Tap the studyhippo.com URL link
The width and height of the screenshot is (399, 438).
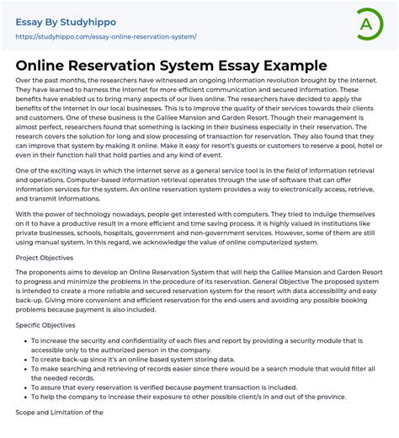click(x=106, y=37)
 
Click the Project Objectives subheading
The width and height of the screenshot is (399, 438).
click(x=45, y=258)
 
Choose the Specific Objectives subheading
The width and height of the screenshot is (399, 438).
click(x=45, y=324)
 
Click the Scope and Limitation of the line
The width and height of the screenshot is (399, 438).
click(x=60, y=412)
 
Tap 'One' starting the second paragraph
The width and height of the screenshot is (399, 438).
click(x=23, y=170)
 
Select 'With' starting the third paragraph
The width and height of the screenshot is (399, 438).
click(x=24, y=212)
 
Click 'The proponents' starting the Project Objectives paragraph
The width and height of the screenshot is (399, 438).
click(x=42, y=273)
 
